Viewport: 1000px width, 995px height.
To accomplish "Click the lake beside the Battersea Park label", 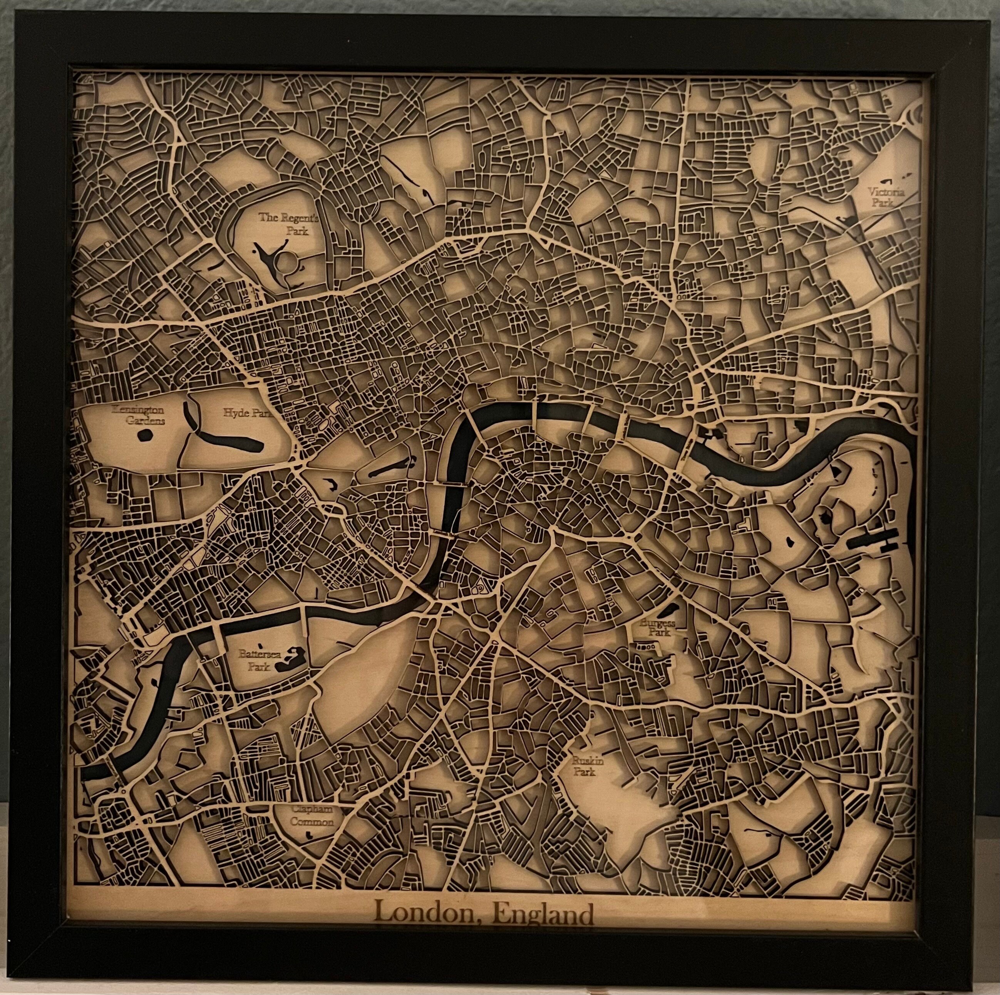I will [x=287, y=660].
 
